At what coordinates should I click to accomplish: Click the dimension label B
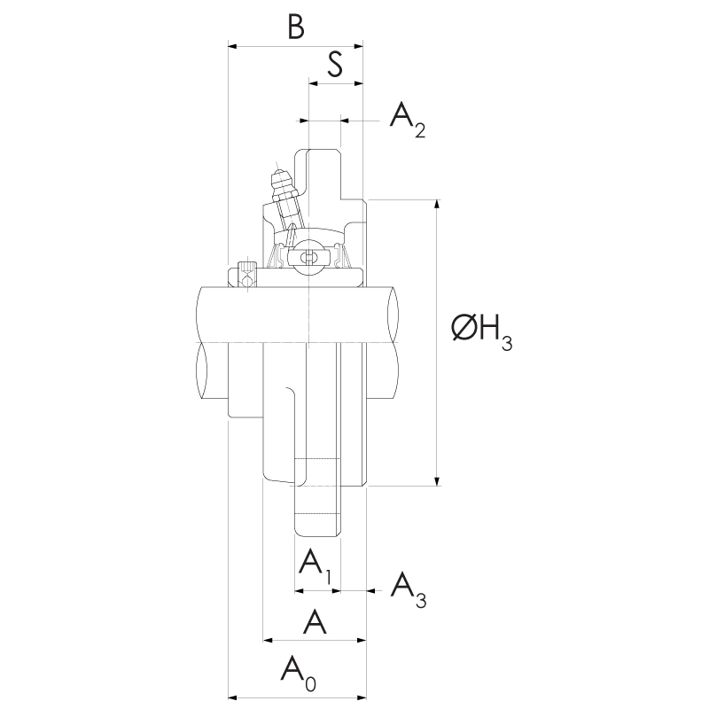pos(296,27)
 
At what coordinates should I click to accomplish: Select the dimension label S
pos(335,64)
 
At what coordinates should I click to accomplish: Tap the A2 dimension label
pos(408,120)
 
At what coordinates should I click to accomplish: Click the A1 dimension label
pos(316,565)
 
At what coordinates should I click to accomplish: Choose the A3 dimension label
pos(409,590)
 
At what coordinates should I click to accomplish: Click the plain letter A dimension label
pos(315,622)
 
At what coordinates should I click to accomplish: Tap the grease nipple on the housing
pos(284,199)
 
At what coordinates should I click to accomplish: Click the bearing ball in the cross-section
pos(308,257)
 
